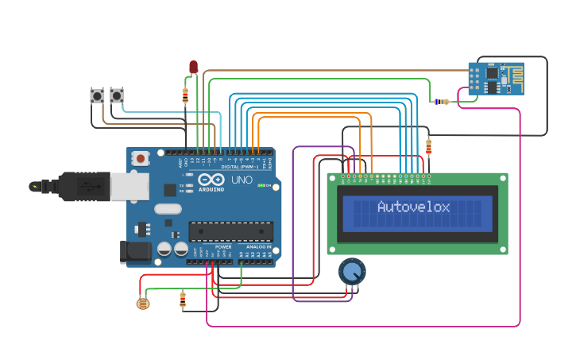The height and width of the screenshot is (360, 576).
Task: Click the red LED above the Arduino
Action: coord(193,67)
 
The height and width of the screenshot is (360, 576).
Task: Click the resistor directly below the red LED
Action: coord(185,96)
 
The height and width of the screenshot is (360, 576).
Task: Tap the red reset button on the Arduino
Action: coord(141,158)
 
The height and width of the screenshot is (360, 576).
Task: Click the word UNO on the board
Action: coord(241,180)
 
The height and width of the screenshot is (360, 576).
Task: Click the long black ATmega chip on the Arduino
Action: coord(230,231)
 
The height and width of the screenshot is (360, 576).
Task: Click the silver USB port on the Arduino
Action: coord(129,187)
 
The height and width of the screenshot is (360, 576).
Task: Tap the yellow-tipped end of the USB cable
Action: coord(34,187)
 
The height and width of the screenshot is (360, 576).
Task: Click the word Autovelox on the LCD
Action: coord(413,207)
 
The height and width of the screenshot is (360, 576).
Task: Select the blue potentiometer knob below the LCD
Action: coord(352,272)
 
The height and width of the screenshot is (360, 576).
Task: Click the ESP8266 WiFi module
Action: coord(495,79)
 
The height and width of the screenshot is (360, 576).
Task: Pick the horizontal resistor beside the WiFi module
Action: coord(441,102)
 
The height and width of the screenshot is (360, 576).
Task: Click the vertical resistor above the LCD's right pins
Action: coord(429,147)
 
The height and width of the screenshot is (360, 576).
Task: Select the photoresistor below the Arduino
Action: coord(144,303)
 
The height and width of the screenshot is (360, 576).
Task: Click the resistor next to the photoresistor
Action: coord(183,300)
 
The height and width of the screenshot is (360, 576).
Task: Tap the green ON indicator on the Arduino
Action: coord(269,185)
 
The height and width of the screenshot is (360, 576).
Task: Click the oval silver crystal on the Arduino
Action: coord(168,209)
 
